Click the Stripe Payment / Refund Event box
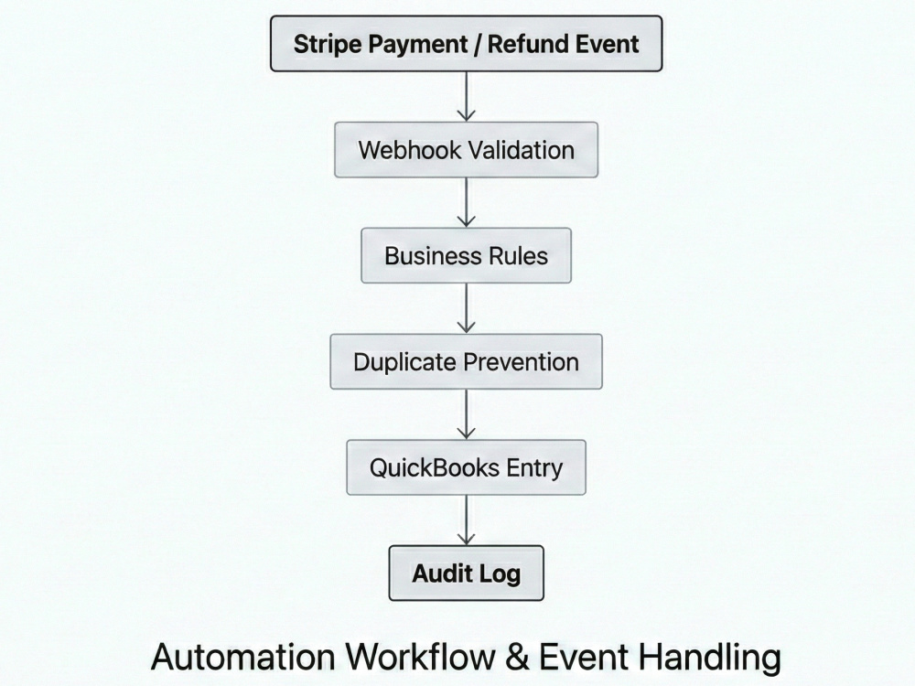(467, 44)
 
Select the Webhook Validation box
(467, 150)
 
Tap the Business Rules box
(467, 255)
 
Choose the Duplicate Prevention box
(467, 361)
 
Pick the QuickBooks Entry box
(467, 467)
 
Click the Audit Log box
(467, 573)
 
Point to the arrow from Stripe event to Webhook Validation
(467, 97)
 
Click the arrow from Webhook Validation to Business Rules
(467, 202)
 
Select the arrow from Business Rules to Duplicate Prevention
(467, 308)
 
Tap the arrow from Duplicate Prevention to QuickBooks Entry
(467, 414)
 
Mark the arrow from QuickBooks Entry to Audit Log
(467, 520)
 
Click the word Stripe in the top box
(327, 45)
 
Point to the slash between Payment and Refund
(478, 44)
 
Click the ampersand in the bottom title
(517, 657)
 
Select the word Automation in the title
(243, 657)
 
